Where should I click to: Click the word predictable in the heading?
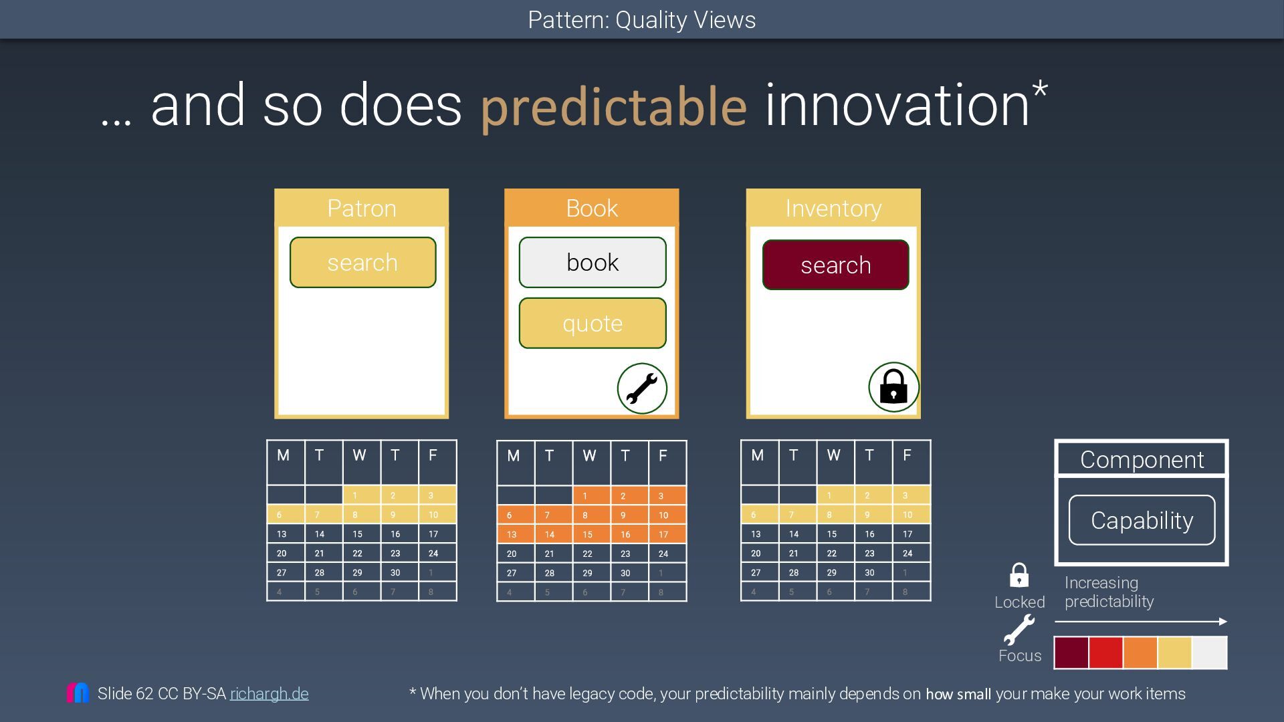click(613, 106)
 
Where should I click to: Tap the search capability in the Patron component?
click(362, 262)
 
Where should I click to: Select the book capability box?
click(593, 262)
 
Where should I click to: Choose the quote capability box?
click(593, 323)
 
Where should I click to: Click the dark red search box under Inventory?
click(835, 265)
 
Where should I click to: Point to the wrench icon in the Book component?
click(642, 388)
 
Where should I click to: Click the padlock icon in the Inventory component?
click(893, 387)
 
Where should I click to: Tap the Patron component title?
click(362, 208)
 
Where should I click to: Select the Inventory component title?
click(833, 208)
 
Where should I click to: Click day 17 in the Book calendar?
click(663, 535)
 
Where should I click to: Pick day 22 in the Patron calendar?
click(358, 554)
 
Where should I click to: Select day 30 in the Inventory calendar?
click(869, 573)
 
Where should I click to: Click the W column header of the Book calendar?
click(589, 456)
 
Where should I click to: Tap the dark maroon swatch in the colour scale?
click(1071, 652)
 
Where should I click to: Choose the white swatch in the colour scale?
click(1210, 652)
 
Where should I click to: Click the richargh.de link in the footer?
click(270, 694)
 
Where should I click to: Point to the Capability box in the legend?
click(1142, 520)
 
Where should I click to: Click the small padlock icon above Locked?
click(1019, 575)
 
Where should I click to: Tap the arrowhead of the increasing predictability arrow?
click(1223, 622)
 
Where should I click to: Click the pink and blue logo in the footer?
click(78, 693)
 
